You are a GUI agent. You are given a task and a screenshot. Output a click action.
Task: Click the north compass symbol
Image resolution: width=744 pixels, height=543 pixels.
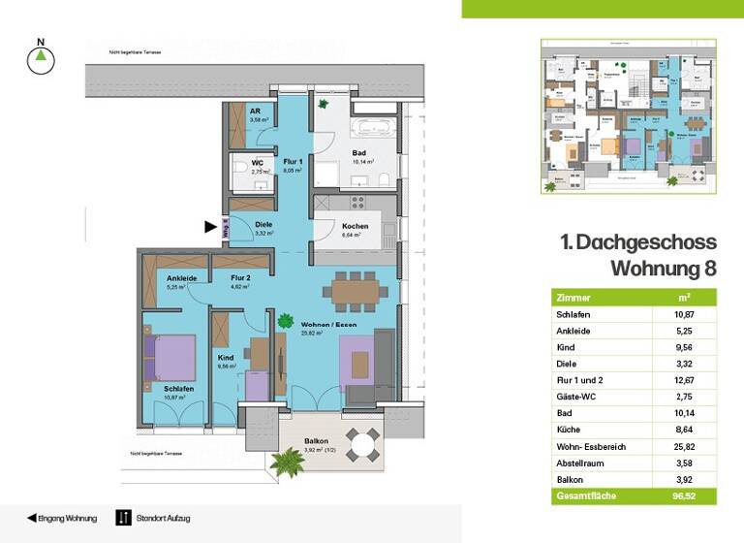click(x=40, y=60)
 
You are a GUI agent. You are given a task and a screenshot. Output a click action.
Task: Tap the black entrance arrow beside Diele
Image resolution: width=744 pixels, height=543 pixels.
click(x=209, y=227)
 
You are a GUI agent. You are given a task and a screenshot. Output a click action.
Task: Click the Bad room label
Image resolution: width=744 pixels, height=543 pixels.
click(x=359, y=154)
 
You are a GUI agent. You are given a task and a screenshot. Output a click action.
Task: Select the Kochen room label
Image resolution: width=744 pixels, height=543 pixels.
click(x=355, y=226)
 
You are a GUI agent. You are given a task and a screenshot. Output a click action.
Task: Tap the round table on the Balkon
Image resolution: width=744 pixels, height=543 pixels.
click(x=365, y=446)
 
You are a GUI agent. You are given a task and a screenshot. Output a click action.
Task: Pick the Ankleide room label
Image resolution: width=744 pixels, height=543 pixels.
click(x=182, y=278)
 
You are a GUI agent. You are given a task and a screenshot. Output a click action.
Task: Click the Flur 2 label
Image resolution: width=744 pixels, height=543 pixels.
click(x=242, y=278)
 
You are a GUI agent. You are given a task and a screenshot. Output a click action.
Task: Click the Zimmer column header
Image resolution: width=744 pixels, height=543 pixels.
click(x=572, y=297)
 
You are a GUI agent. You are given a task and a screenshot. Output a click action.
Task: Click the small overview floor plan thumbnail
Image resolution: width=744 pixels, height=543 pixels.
click(x=628, y=116)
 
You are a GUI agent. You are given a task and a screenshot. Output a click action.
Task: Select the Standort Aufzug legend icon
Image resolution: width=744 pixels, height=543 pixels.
click(x=123, y=518)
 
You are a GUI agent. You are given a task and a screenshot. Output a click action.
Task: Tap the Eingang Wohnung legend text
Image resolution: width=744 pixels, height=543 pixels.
click(x=67, y=519)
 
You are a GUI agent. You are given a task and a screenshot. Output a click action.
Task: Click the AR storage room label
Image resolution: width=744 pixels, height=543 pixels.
click(x=254, y=112)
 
